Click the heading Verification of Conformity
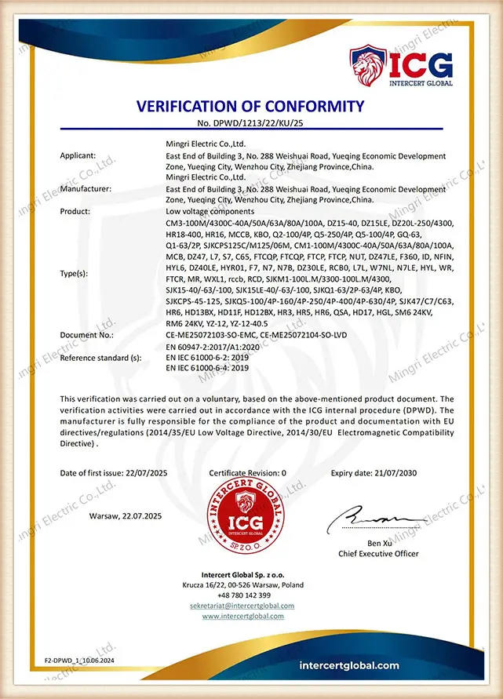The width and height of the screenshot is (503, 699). pyautogui.click(x=251, y=107)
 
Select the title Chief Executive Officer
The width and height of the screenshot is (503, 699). pyautogui.click(x=378, y=553)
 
